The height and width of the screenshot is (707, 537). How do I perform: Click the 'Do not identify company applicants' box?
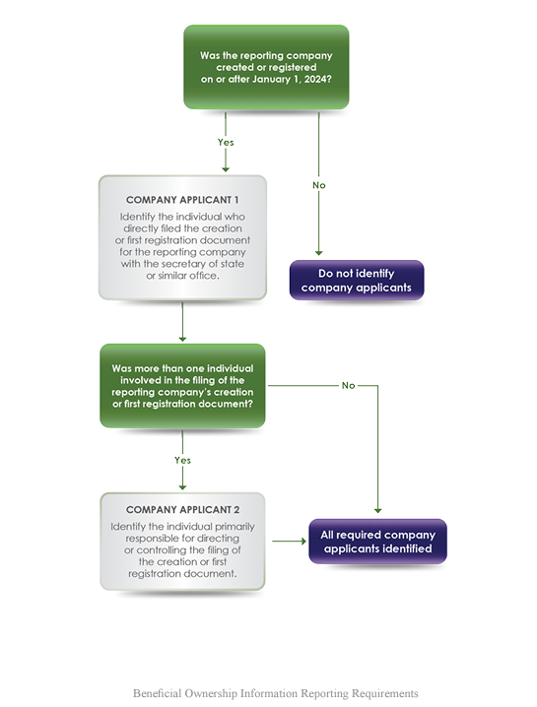(x=357, y=280)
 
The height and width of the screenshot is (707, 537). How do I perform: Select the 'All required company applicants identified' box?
(x=377, y=541)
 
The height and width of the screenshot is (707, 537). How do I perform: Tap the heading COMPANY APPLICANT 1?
(x=182, y=200)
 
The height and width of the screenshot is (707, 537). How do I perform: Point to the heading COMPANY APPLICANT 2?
(x=182, y=509)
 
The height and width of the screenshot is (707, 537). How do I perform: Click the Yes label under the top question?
(x=226, y=142)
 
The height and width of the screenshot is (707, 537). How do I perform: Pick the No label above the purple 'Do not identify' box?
(x=319, y=185)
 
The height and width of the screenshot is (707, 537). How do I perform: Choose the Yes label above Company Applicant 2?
(x=182, y=460)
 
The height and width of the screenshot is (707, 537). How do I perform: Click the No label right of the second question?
(x=349, y=386)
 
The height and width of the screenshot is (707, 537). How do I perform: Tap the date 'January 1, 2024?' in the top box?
(x=292, y=79)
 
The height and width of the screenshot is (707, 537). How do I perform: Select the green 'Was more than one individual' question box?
(x=182, y=386)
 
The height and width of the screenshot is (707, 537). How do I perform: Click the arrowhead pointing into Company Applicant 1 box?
(x=226, y=169)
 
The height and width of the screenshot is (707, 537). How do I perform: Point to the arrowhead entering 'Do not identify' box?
(x=318, y=253)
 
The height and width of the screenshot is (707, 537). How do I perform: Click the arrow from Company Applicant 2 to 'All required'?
(x=290, y=541)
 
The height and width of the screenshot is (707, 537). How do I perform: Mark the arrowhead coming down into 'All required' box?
(x=377, y=510)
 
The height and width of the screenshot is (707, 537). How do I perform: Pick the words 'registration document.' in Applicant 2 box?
(x=182, y=573)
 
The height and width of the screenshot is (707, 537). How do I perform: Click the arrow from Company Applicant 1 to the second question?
(x=182, y=321)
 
